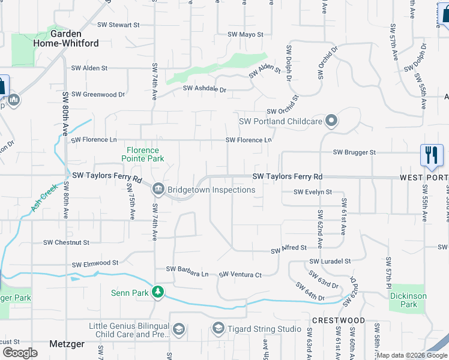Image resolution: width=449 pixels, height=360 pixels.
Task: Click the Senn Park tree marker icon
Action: click(158, 292)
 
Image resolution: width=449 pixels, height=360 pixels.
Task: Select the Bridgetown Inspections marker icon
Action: click(158, 190)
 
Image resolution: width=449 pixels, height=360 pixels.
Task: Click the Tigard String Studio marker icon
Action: click(218, 329)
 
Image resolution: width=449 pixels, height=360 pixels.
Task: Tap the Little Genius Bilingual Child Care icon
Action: click(179, 329)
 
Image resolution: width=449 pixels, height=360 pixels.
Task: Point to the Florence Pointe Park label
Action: click(143, 154)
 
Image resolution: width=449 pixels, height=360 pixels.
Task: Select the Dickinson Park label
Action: click(408, 300)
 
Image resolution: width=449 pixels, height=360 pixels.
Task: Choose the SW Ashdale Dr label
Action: click(205, 89)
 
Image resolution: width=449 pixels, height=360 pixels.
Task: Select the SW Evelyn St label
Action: click(313, 192)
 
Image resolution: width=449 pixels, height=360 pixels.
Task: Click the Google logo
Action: click(20, 352)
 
